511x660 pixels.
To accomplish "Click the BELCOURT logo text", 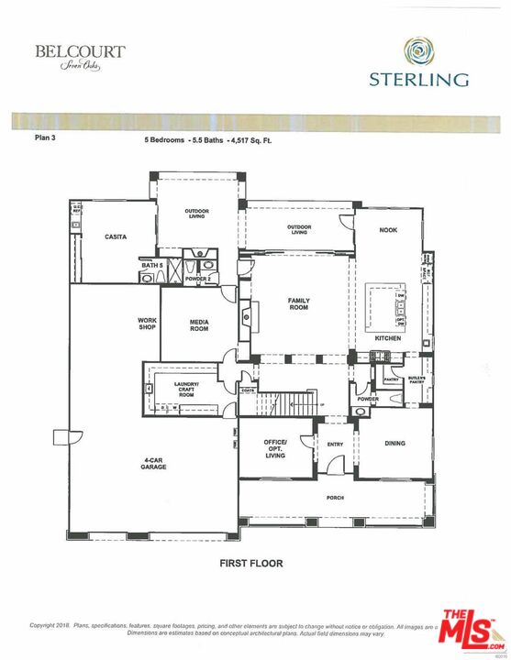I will coord(80,51).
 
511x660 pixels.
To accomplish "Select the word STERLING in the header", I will coord(420,80).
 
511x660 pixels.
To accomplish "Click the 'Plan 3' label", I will coord(47,140).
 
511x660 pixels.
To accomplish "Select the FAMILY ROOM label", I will coord(298,304).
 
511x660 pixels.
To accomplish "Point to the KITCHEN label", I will coord(388,338).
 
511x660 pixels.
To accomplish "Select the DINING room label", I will coord(394,444).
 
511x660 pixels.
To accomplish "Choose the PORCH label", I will coord(335,500).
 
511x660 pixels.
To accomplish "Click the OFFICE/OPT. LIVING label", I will coord(275,448).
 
